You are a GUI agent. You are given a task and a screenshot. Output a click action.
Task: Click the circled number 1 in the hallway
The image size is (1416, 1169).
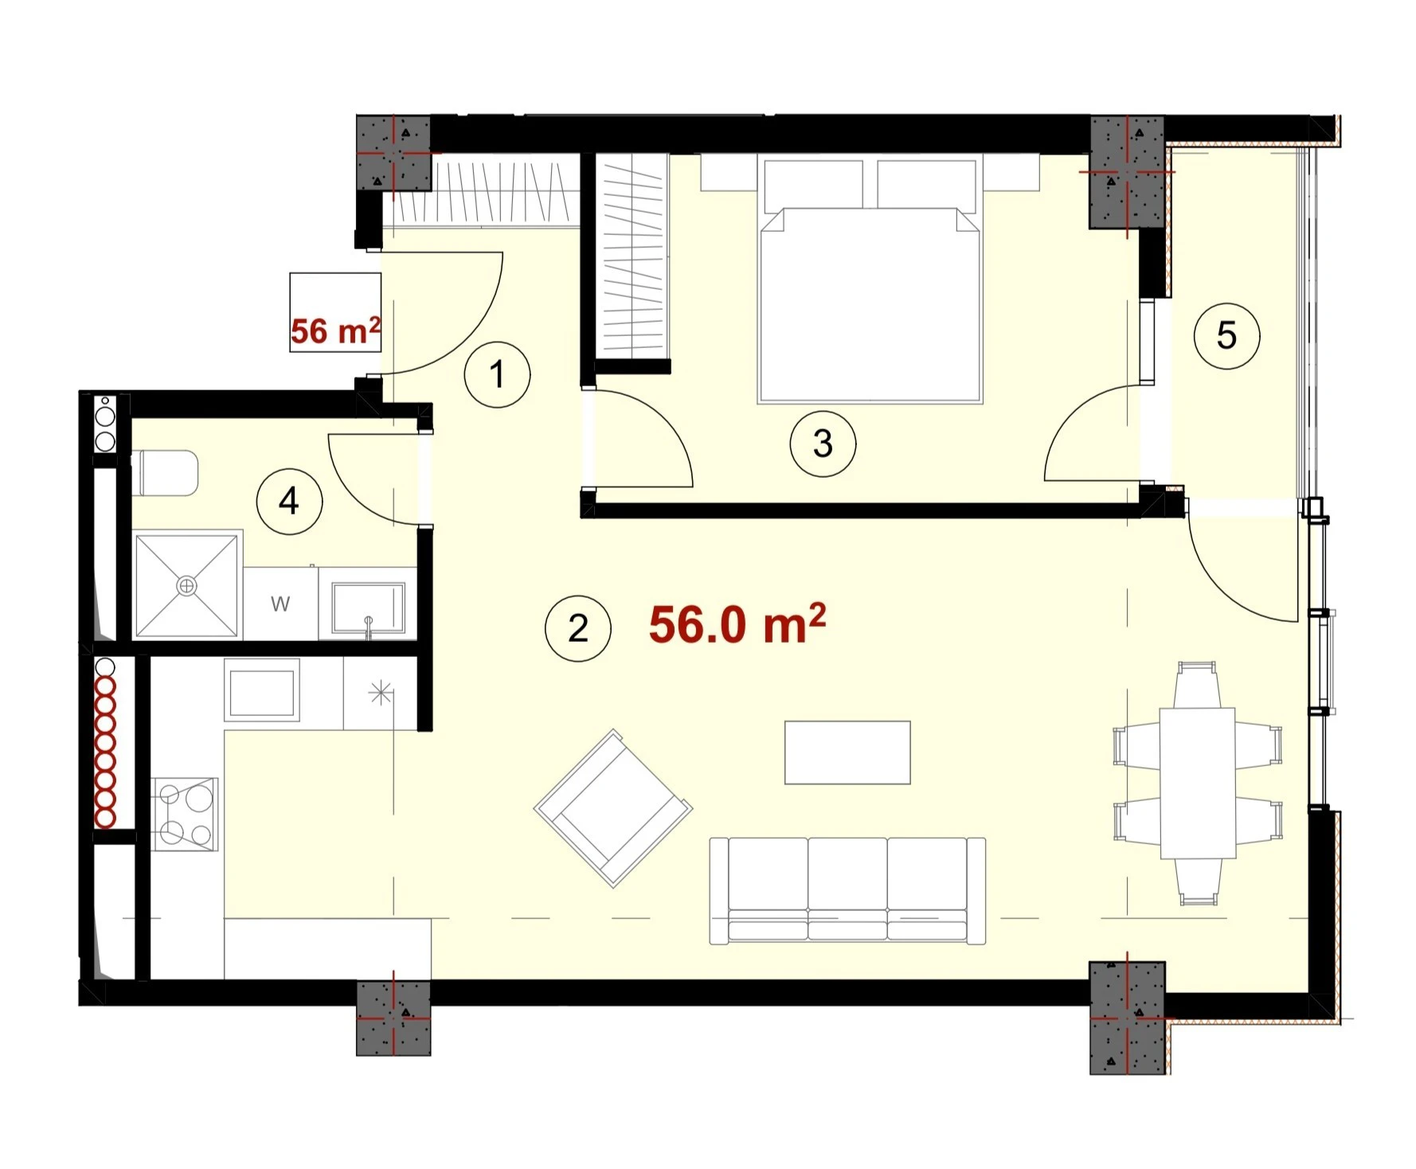[x=497, y=374]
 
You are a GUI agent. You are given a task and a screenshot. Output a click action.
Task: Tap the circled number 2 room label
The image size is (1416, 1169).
[x=578, y=628]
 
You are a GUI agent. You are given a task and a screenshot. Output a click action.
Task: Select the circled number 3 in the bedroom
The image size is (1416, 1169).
[x=823, y=444]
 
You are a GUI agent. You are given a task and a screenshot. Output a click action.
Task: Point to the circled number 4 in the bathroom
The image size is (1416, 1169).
[x=289, y=502]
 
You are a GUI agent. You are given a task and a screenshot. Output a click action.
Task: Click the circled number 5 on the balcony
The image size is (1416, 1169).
[x=1226, y=335]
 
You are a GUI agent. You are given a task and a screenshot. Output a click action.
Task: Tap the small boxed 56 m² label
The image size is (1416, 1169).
[x=335, y=330]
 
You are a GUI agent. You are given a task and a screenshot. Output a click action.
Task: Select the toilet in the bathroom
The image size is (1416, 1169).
[x=166, y=473]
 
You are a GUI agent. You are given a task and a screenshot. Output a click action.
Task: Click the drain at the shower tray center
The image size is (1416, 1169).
[x=187, y=586]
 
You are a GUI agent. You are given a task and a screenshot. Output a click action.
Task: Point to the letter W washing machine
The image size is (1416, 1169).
[x=280, y=604]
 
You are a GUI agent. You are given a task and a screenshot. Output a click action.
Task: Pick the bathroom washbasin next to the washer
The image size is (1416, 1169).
[x=368, y=608]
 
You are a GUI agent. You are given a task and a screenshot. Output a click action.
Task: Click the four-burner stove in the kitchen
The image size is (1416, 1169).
[x=185, y=814]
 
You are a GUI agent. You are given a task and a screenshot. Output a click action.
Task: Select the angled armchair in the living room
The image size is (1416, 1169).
[x=613, y=808]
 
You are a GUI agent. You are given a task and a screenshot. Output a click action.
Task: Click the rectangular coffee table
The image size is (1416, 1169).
[x=847, y=753]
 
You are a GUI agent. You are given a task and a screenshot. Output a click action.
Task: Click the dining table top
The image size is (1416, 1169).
[x=1197, y=783]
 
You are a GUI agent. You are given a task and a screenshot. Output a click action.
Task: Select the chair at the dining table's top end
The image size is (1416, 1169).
[x=1197, y=684]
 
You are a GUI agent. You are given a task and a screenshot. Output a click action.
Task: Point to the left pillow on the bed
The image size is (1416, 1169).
[x=813, y=185]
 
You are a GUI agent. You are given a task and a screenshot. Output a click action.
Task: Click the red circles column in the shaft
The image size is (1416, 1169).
[x=105, y=752]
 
